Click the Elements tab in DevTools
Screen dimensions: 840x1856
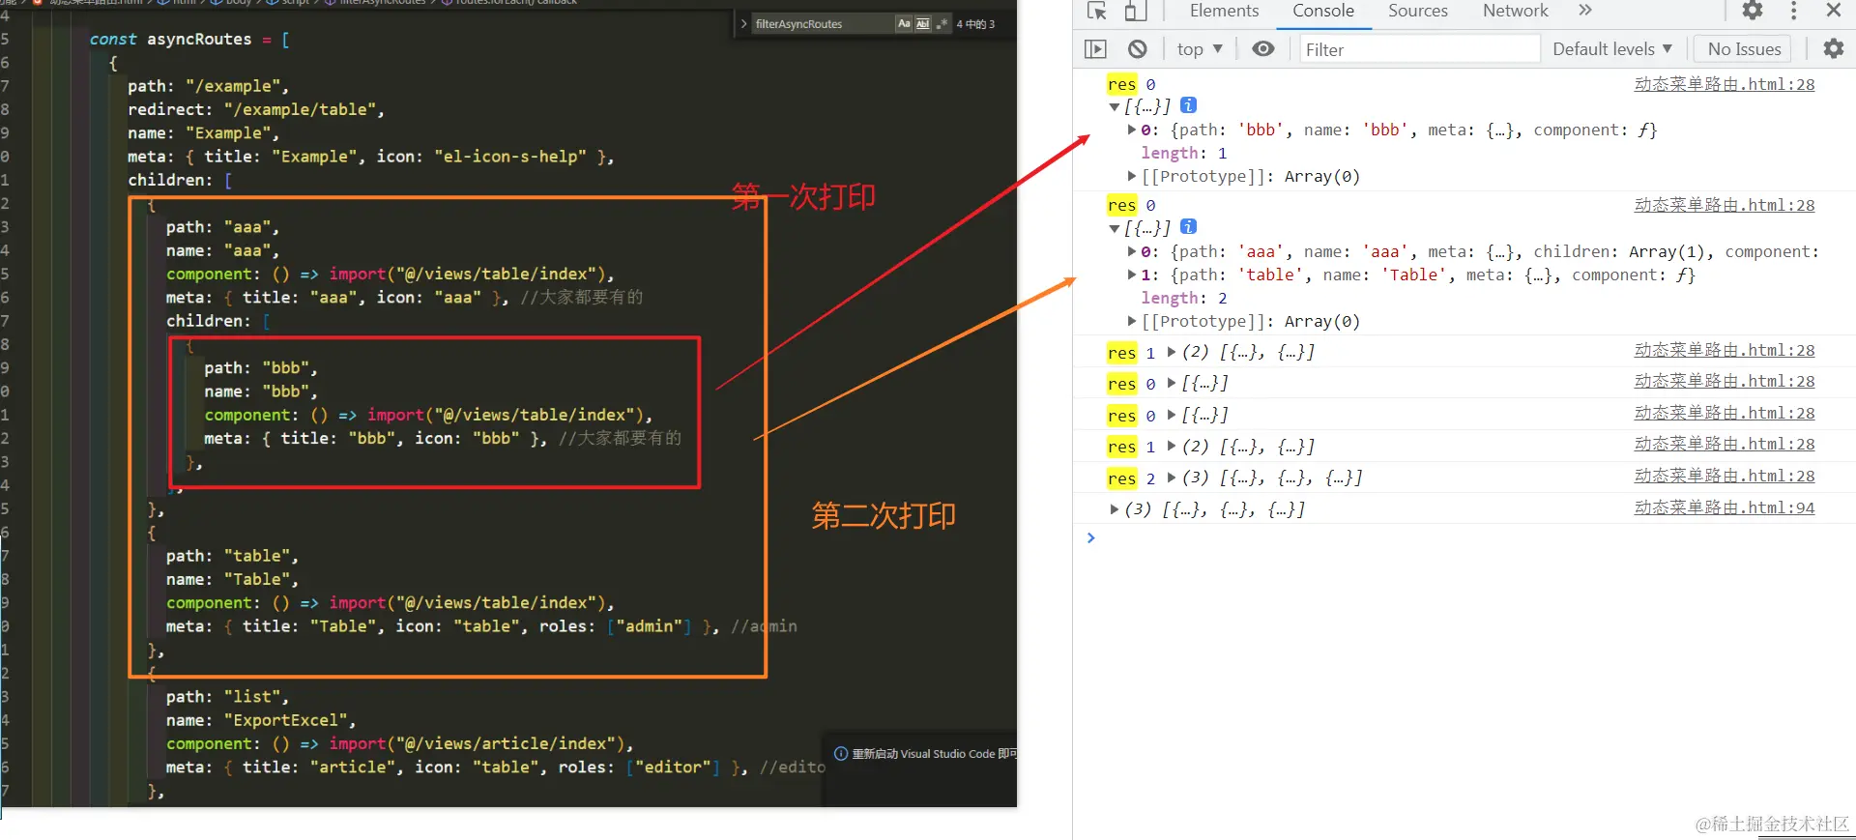point(1224,11)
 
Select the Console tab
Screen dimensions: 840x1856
point(1322,11)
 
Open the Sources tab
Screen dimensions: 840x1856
point(1418,11)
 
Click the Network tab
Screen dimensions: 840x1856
point(1515,11)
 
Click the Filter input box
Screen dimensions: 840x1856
point(1417,49)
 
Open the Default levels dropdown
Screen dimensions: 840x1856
point(1611,49)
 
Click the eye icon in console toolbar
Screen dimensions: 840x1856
point(1262,49)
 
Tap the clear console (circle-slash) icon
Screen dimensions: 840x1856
point(1138,49)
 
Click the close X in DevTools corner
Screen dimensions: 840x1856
point(1833,11)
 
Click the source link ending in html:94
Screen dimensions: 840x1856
point(1724,508)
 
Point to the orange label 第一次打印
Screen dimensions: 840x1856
point(803,197)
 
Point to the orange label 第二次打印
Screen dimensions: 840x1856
point(884,515)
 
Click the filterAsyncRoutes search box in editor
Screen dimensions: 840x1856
point(822,24)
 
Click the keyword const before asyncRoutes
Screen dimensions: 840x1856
point(113,40)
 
